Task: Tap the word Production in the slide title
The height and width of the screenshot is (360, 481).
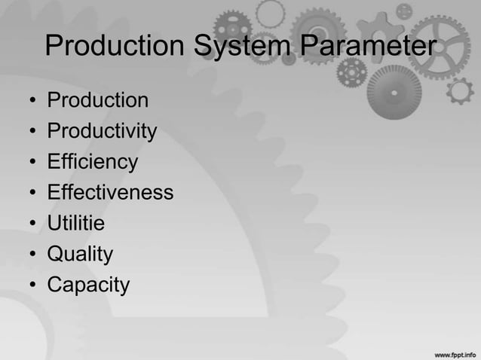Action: pyautogui.click(x=115, y=47)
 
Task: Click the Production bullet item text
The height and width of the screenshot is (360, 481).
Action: pyautogui.click(x=98, y=100)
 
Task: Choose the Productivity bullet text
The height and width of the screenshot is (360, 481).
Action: pyautogui.click(x=102, y=132)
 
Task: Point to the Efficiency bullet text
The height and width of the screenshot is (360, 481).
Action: pyautogui.click(x=93, y=162)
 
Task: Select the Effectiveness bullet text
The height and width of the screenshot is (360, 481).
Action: pyautogui.click(x=110, y=193)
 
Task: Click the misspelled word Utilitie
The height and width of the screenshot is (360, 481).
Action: pyautogui.click(x=76, y=224)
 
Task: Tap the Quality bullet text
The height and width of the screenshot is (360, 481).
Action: pyautogui.click(x=80, y=255)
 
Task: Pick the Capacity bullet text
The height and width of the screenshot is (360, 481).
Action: pyautogui.click(x=88, y=285)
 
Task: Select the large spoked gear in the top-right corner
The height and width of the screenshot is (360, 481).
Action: pyautogui.click(x=445, y=38)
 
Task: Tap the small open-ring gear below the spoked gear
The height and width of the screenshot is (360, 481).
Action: pyautogui.click(x=459, y=91)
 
